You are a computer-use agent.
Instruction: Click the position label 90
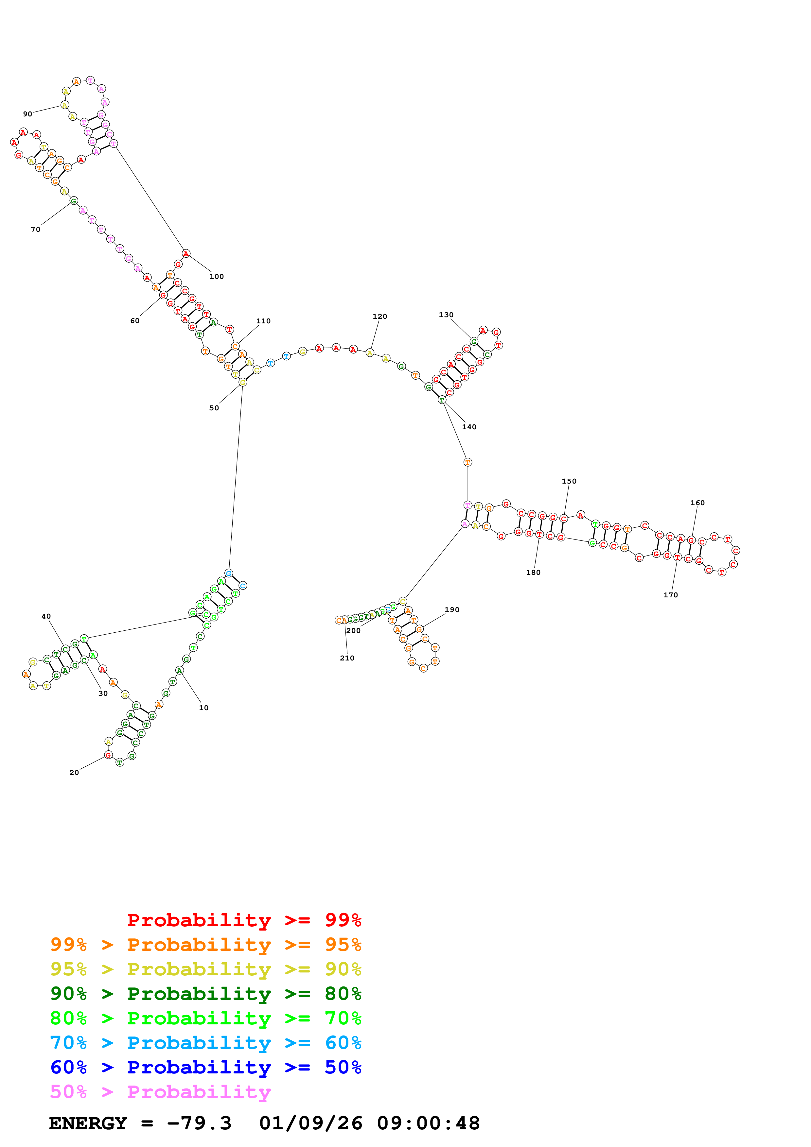(x=27, y=114)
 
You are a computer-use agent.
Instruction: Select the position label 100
(x=216, y=276)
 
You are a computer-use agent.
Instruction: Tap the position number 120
(x=380, y=316)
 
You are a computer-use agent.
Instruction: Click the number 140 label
(x=469, y=427)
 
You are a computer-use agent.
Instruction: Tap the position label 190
(x=452, y=609)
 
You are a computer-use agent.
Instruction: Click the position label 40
(x=46, y=616)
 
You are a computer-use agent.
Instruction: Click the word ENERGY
(x=88, y=1123)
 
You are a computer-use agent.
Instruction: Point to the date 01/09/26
(x=311, y=1123)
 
